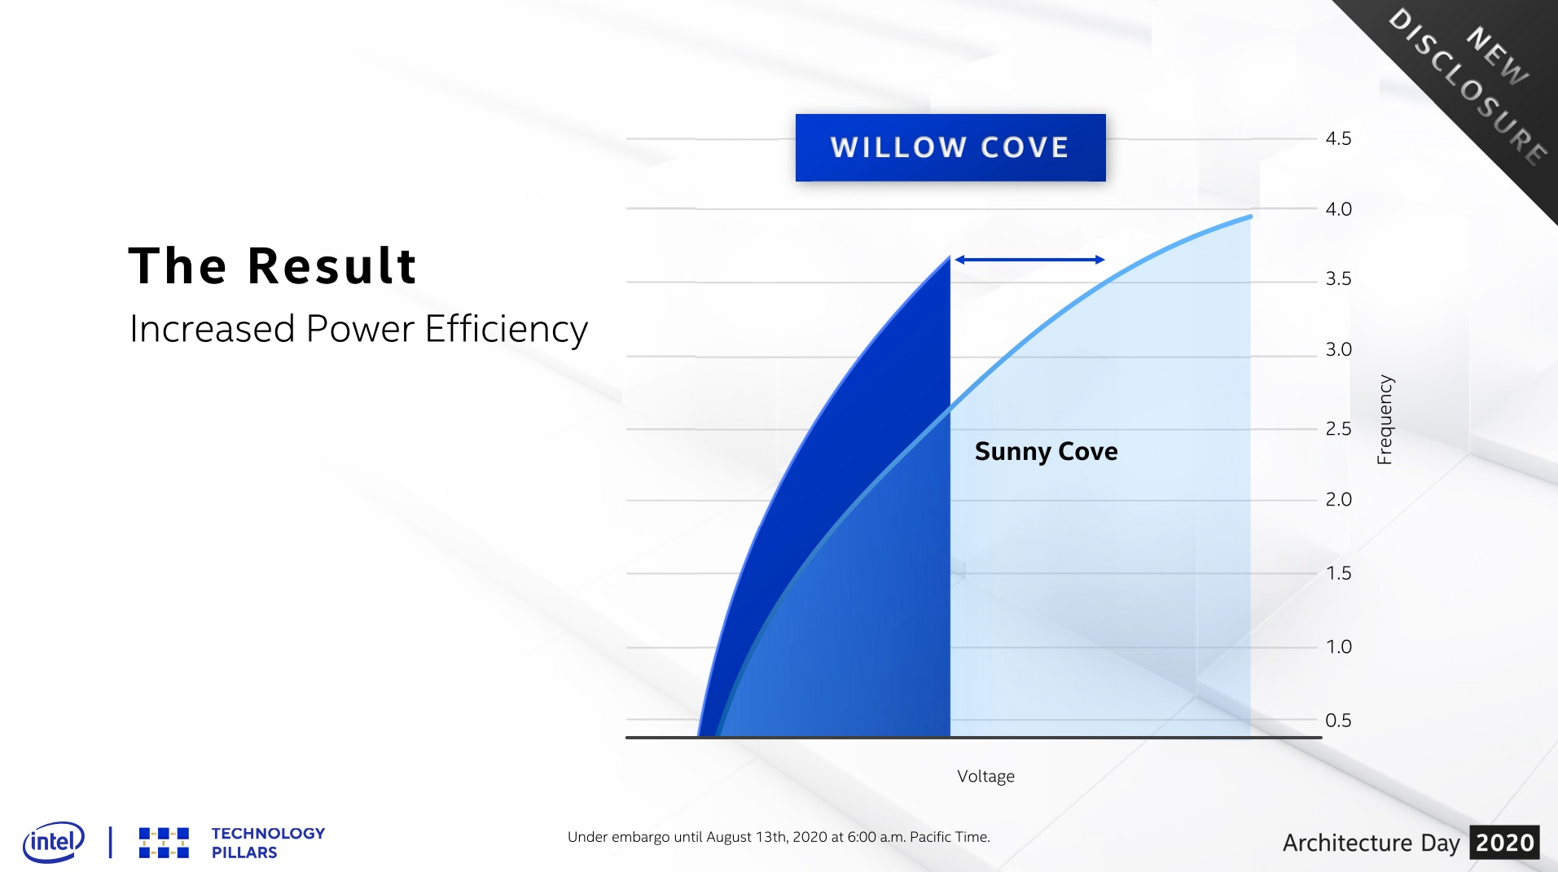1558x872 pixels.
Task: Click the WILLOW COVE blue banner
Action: (950, 147)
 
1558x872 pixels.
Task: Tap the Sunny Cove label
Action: (1046, 451)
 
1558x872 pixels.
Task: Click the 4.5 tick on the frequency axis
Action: (1338, 138)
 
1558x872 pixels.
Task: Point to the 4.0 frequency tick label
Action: (1338, 209)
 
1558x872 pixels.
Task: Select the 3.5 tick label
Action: (1338, 279)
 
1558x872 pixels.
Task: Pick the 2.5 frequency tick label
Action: (1338, 428)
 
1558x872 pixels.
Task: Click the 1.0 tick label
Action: (1338, 646)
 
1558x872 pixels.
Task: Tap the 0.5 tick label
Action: (1338, 720)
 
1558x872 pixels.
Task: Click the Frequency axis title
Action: (1385, 419)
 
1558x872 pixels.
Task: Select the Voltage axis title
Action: (985, 776)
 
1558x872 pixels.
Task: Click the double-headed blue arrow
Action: (1029, 260)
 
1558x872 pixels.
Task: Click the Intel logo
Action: (54, 842)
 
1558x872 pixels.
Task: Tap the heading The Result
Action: (273, 265)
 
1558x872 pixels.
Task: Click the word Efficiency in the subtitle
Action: (506, 330)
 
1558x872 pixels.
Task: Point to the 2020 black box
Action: (1505, 843)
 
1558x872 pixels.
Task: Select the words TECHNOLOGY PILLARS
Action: (268, 843)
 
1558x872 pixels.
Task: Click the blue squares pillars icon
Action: (164, 843)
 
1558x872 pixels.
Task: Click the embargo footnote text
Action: (779, 837)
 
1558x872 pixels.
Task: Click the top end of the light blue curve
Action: (1250, 217)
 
